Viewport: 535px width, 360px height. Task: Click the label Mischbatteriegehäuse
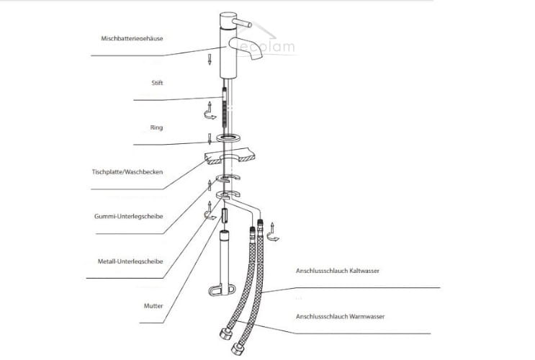point(132,38)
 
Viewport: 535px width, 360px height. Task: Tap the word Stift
point(157,83)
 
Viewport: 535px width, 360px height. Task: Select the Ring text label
point(156,127)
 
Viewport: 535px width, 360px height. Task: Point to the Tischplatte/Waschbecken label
point(127,172)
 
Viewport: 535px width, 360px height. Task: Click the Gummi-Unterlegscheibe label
point(128,216)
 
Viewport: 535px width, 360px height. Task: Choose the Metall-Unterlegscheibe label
point(130,261)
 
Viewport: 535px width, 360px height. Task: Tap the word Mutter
point(153,306)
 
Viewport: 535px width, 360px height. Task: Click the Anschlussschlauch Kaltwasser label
point(338,271)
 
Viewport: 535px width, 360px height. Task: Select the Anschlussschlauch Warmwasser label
point(340,317)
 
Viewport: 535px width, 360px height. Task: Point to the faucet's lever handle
point(242,23)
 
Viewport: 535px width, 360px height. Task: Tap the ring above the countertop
point(229,138)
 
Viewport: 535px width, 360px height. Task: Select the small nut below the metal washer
point(225,216)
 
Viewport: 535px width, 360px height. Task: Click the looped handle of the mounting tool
point(222,290)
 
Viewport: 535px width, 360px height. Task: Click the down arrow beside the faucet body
point(210,59)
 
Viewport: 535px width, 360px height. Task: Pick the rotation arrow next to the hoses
point(273,233)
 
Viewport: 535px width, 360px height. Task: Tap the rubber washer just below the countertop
point(228,178)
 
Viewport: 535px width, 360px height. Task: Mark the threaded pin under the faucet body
point(225,107)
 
